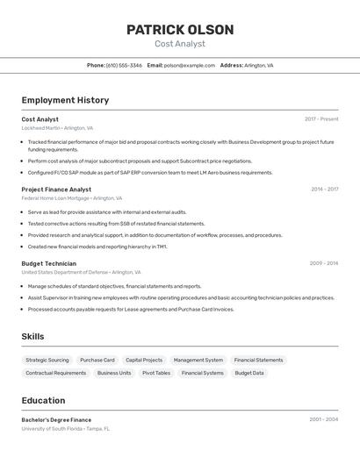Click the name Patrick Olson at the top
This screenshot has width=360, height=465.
point(180,30)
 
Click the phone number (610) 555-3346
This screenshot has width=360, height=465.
point(124,65)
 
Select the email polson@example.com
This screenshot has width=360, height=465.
point(189,65)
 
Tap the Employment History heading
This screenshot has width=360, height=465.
point(65,100)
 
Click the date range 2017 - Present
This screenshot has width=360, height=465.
point(321,119)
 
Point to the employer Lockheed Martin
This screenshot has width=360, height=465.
point(40,128)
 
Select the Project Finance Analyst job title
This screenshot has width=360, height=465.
point(56,189)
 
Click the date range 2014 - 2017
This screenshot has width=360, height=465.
point(324,189)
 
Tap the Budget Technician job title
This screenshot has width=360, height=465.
point(48,263)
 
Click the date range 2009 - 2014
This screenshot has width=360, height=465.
point(323,263)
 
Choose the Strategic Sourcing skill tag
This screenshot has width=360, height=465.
point(47,360)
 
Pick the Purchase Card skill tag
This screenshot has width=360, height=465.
point(97,360)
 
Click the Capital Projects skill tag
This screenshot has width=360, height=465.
point(144,360)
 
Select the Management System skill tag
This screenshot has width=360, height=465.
point(198,360)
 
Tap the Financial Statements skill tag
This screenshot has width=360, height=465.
point(258,360)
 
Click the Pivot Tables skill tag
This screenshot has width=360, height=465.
point(156,373)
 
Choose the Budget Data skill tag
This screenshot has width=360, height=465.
point(249,373)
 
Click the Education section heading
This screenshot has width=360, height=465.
point(43,400)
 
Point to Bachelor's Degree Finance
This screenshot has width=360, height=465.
point(56,419)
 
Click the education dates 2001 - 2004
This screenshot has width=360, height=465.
point(323,419)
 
